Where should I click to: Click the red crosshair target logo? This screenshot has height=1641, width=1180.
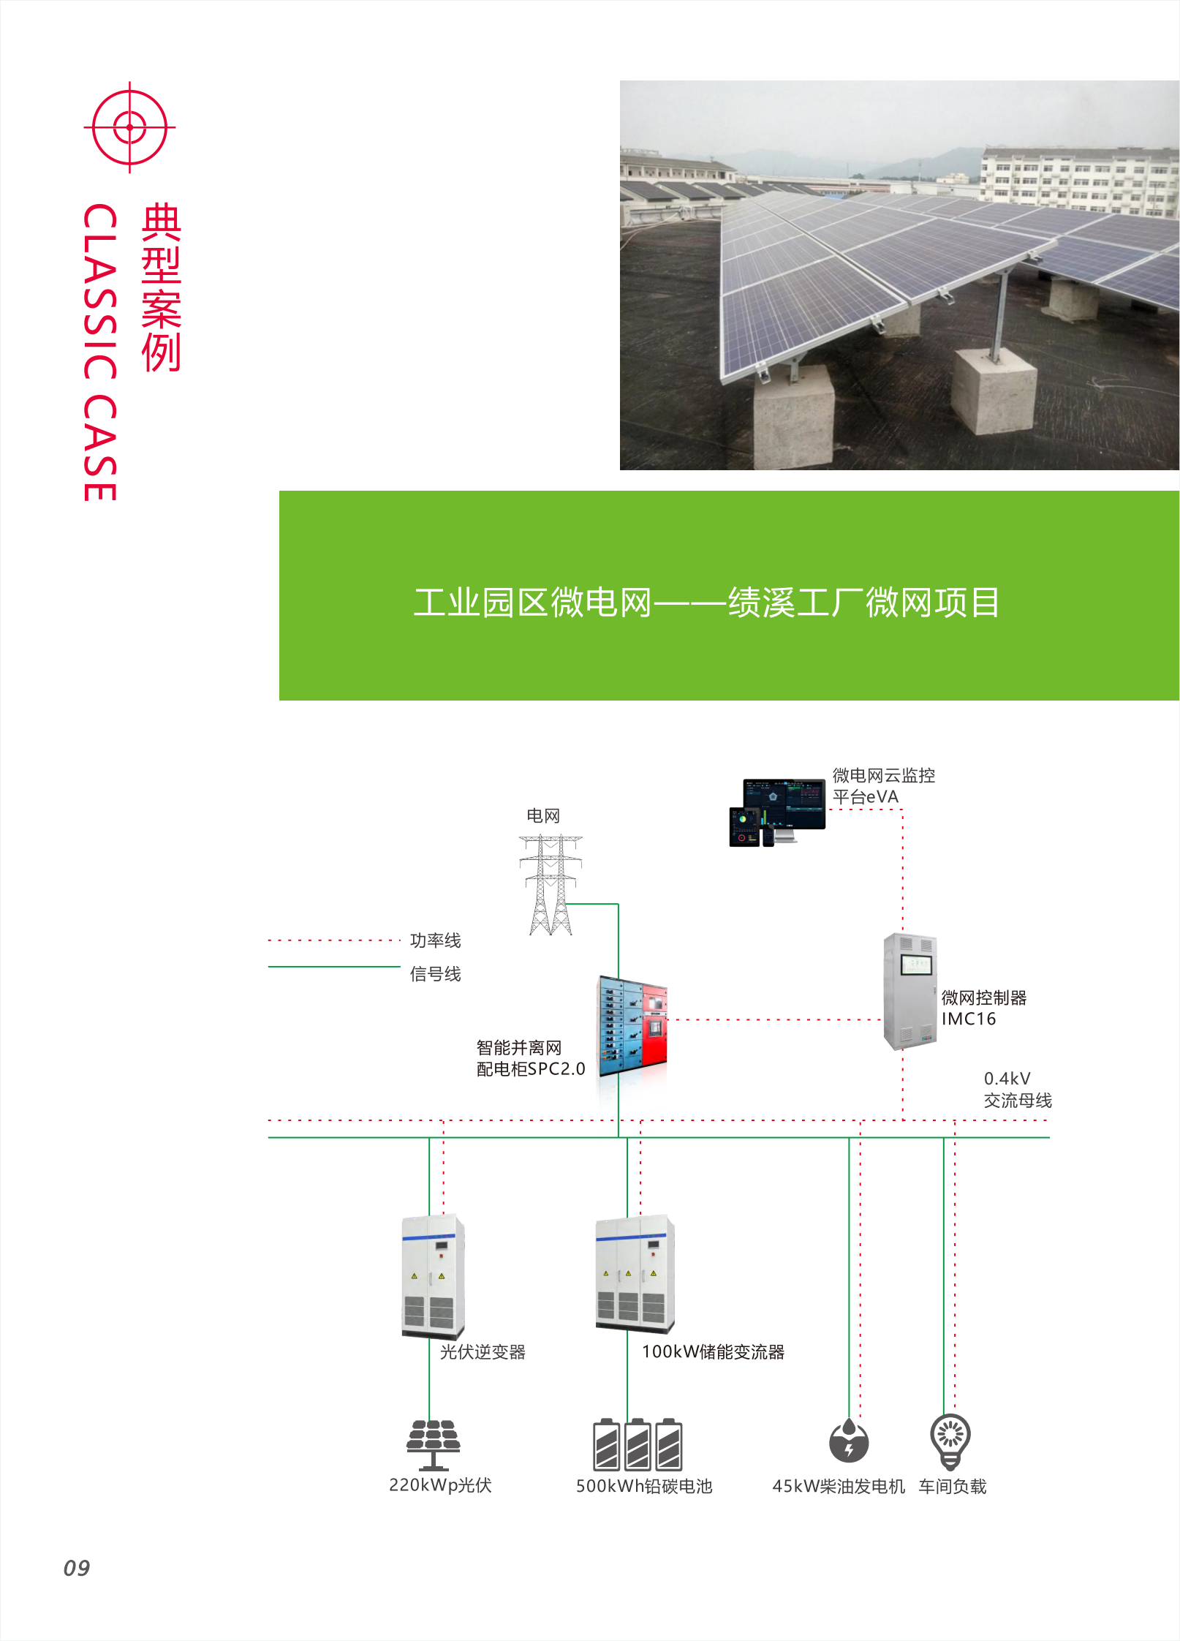tap(129, 127)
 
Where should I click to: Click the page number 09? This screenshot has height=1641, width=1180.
tap(77, 1568)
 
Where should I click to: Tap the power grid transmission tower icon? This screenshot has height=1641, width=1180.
tap(551, 885)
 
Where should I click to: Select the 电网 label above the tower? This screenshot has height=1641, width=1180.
tap(543, 815)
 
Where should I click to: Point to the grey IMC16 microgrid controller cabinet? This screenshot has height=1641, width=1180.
tap(909, 991)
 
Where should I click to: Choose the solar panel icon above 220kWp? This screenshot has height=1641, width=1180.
tap(434, 1444)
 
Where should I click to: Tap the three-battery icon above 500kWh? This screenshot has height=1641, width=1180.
tap(638, 1445)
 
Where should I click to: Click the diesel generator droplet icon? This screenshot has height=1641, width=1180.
tap(848, 1441)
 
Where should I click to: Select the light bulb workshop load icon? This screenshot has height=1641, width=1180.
tap(950, 1441)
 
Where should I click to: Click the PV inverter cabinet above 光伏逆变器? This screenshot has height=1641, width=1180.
tap(433, 1276)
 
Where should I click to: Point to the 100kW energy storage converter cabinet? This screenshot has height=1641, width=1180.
tap(635, 1274)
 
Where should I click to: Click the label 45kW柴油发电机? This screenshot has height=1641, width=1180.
tap(839, 1486)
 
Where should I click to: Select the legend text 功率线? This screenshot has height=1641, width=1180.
tap(435, 940)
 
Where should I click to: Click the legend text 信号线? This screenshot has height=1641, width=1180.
tap(435, 974)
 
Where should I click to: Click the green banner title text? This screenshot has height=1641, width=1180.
tap(706, 603)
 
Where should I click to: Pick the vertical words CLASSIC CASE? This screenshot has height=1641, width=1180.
tap(100, 352)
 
